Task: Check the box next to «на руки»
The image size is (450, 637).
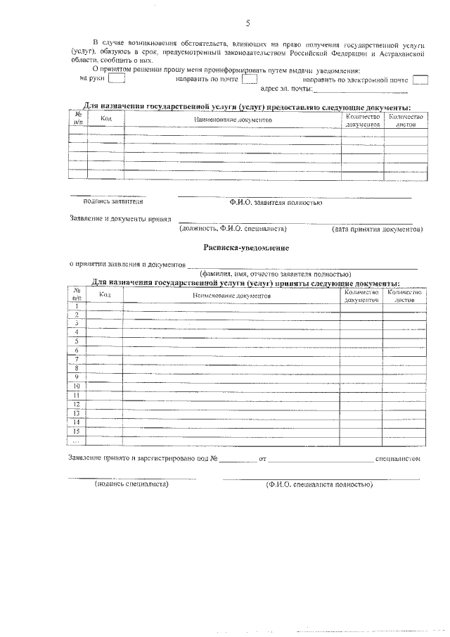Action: [117, 79]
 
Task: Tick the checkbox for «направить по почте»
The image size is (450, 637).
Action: [249, 79]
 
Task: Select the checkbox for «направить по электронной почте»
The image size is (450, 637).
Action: [420, 79]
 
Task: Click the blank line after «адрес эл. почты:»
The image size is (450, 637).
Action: [360, 91]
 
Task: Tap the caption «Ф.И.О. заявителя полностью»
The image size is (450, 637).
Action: [276, 202]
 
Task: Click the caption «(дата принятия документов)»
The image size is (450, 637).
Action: [377, 229]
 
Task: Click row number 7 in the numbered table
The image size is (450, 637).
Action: [76, 359]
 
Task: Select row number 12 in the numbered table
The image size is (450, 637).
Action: [76, 404]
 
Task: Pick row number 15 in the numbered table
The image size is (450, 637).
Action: [76, 431]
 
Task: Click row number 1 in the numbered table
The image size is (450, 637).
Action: [76, 305]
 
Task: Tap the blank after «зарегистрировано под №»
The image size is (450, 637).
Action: [239, 460]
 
